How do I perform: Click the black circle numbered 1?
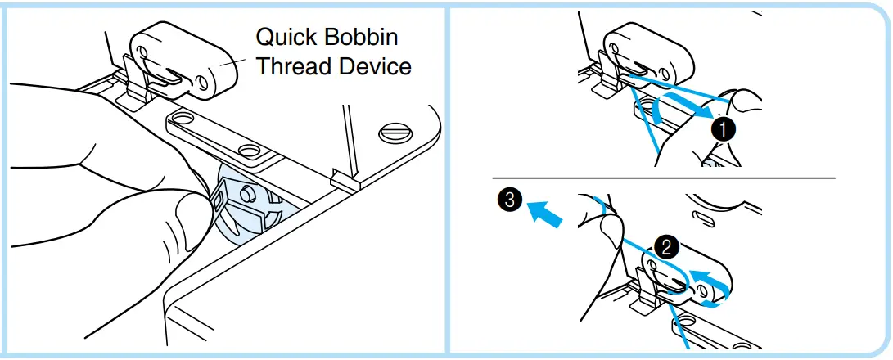721,128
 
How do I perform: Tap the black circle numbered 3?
509,199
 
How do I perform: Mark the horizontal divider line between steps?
663,178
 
